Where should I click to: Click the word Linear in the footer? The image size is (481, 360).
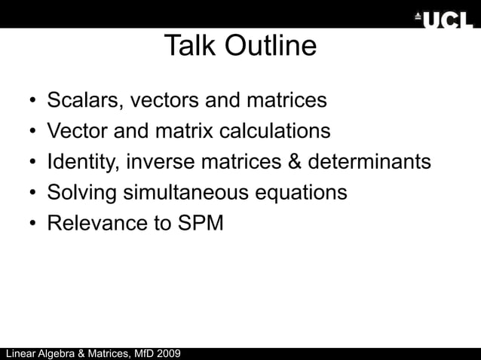pos(22,353)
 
